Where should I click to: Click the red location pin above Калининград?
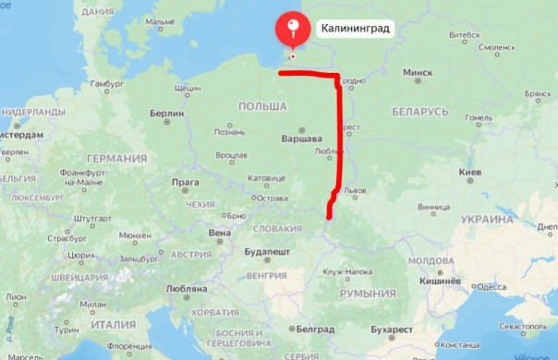point(293,29)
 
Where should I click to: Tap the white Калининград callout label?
point(355,29)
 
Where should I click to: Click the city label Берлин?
point(166,114)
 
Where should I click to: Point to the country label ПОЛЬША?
point(262,107)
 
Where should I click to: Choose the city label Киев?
point(470,172)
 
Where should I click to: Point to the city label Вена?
point(220,233)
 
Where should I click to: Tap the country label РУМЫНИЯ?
point(367,294)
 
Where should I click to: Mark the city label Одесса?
point(490,286)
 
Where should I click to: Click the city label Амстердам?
point(20,134)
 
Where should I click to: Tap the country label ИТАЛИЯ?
point(108,324)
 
